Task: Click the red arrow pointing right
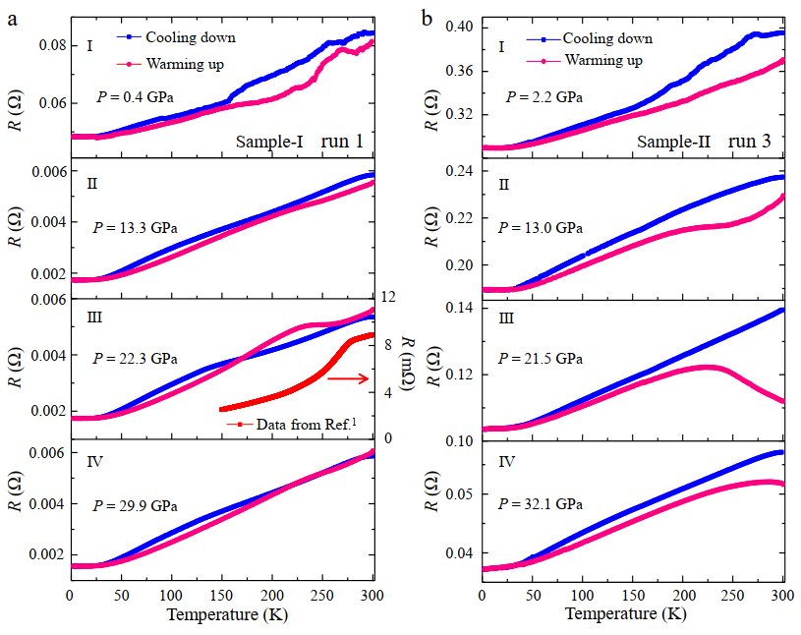click(348, 377)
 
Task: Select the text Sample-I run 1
click(299, 142)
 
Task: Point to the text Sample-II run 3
click(703, 142)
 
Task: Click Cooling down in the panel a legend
click(191, 37)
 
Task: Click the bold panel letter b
click(427, 18)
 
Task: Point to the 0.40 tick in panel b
click(458, 27)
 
